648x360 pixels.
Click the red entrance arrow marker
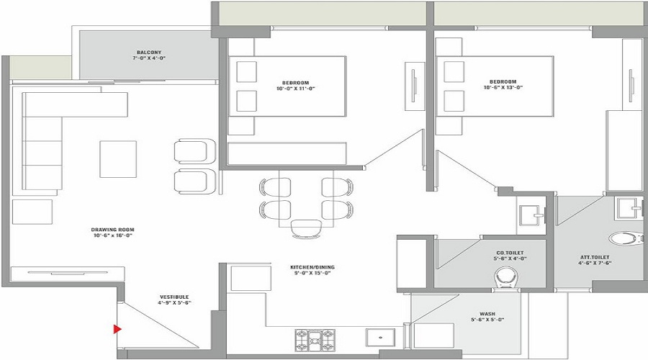pos(116,330)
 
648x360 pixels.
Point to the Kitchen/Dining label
pos(312,267)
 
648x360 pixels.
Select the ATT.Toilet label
pos(595,257)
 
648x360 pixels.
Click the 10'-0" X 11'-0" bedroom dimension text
pos(296,88)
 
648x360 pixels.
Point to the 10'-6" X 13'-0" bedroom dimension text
pos(503,88)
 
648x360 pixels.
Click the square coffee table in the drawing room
pos(117,159)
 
